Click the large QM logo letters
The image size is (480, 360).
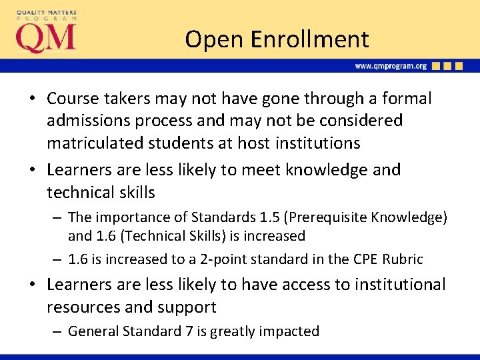pyautogui.click(x=46, y=38)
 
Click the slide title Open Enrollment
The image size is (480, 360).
pyautogui.click(x=277, y=39)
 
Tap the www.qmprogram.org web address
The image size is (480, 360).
pyautogui.click(x=391, y=66)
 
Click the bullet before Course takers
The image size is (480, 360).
pyautogui.click(x=32, y=99)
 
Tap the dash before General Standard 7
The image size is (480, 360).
pyautogui.click(x=57, y=331)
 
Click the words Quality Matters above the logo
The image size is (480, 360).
pyautogui.click(x=46, y=12)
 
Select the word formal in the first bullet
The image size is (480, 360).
pyautogui.click(x=407, y=98)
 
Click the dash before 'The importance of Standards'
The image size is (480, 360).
pyautogui.click(x=57, y=217)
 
